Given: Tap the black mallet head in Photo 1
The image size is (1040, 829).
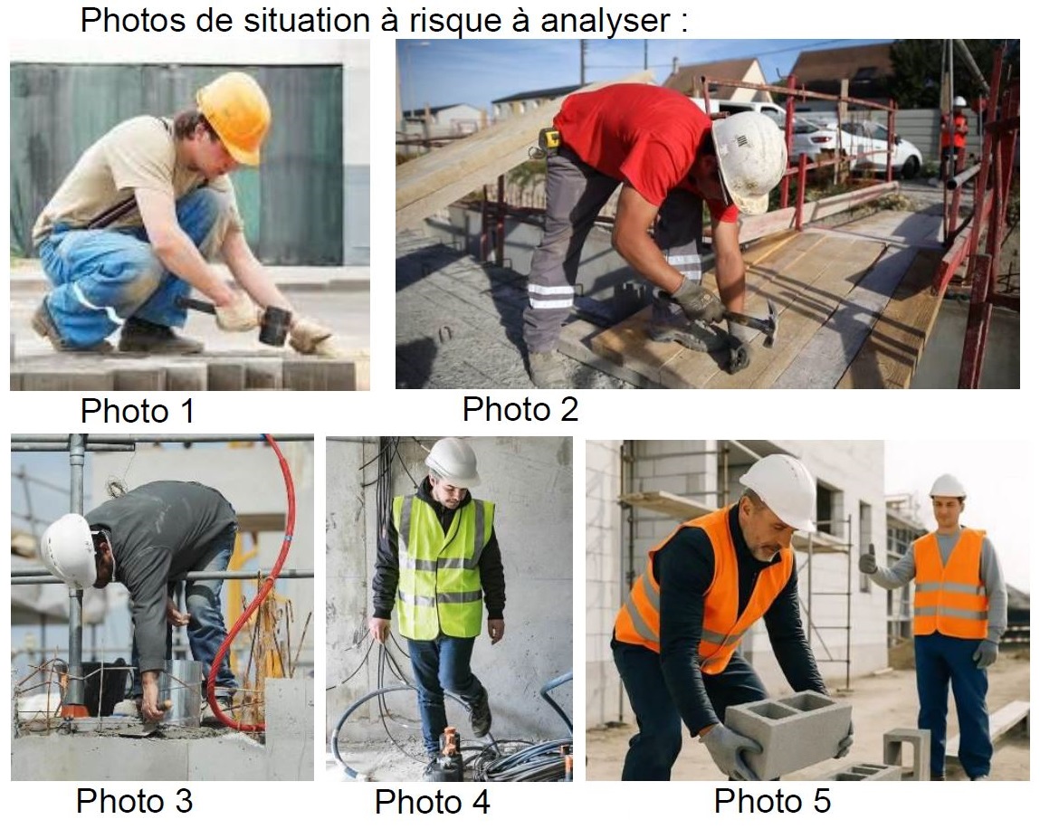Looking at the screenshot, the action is pyautogui.click(x=274, y=325).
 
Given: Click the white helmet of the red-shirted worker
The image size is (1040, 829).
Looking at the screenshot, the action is pyautogui.click(x=749, y=161).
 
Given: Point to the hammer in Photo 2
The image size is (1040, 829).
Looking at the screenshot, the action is pyautogui.click(x=749, y=320).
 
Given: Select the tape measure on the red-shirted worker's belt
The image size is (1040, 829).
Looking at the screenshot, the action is pyautogui.click(x=549, y=138).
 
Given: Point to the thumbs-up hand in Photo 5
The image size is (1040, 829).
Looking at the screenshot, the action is pyautogui.click(x=868, y=561).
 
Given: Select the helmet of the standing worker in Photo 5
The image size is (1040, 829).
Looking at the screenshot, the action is pyautogui.click(x=947, y=485).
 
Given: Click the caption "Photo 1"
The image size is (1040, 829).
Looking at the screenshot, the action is pyautogui.click(x=138, y=411).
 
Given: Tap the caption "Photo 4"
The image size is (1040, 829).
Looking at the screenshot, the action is pyautogui.click(x=433, y=802).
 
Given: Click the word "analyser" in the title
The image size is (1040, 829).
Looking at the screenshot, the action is pyautogui.click(x=605, y=21).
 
